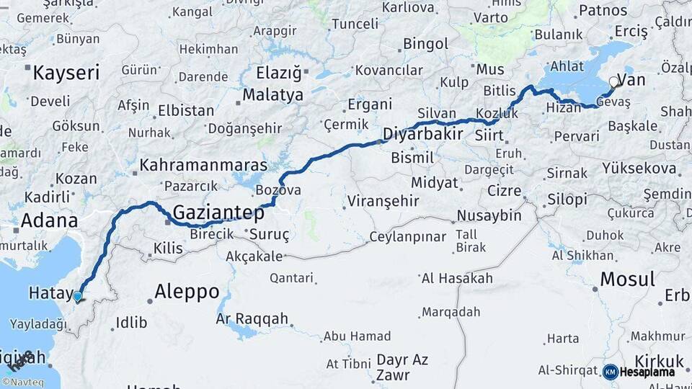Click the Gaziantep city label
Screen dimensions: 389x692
pyautogui.click(x=219, y=213)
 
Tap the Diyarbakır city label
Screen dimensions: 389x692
pyautogui.click(x=422, y=135)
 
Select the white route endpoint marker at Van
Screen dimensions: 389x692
pyautogui.click(x=613, y=82)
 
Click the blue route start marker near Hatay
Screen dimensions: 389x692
pyautogui.click(x=78, y=296)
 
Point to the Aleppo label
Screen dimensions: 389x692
pyautogui.click(x=187, y=292)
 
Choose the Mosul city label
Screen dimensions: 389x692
pyautogui.click(x=627, y=279)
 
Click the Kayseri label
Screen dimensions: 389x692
pyautogui.click(x=66, y=73)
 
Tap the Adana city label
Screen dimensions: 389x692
pyautogui.click(x=49, y=220)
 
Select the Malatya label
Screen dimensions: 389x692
pyautogui.click(x=272, y=95)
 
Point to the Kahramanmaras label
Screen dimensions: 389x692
pyautogui.click(x=203, y=165)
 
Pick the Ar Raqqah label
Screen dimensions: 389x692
pyautogui.click(x=252, y=318)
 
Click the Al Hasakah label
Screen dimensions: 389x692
pyautogui.click(x=457, y=278)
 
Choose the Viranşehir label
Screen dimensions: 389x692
pyautogui.click(x=382, y=200)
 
